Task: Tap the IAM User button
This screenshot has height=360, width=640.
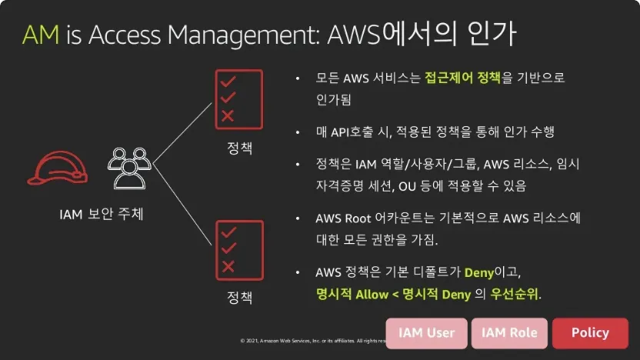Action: pos(427,333)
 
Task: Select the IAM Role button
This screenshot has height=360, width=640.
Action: pos(509,333)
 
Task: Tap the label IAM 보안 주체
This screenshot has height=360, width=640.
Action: pos(102,214)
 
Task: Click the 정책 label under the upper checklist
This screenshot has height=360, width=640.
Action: pos(239,148)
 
